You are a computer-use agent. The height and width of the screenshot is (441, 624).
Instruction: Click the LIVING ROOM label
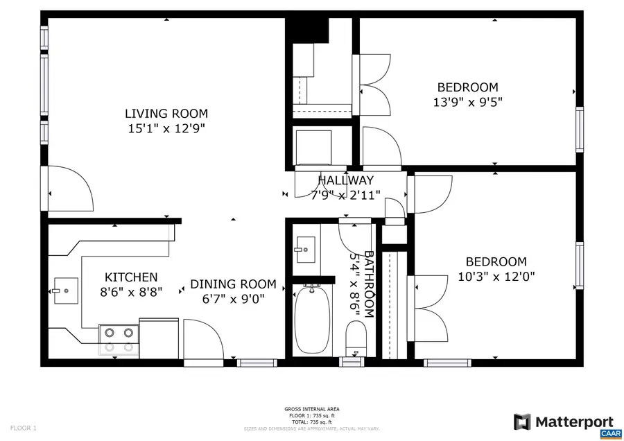[x=166, y=114]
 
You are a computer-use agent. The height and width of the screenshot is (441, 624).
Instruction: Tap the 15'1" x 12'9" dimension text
[x=166, y=128]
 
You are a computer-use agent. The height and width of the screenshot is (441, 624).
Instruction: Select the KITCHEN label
[x=131, y=277]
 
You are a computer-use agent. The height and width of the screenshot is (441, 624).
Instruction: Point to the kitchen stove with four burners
[x=119, y=339]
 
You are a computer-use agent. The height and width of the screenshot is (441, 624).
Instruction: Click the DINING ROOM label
[x=233, y=284]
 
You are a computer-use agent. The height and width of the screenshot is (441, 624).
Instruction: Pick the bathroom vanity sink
[x=304, y=248]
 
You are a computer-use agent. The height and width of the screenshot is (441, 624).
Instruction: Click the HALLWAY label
[x=345, y=181]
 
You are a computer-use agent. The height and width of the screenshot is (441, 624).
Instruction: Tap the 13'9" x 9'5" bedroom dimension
[x=467, y=101]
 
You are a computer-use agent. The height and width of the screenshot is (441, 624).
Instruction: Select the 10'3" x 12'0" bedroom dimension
[x=496, y=276]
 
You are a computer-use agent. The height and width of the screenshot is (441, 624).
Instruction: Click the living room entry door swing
[x=69, y=189]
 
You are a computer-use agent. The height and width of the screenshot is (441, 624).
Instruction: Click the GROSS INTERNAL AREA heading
[x=311, y=409]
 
